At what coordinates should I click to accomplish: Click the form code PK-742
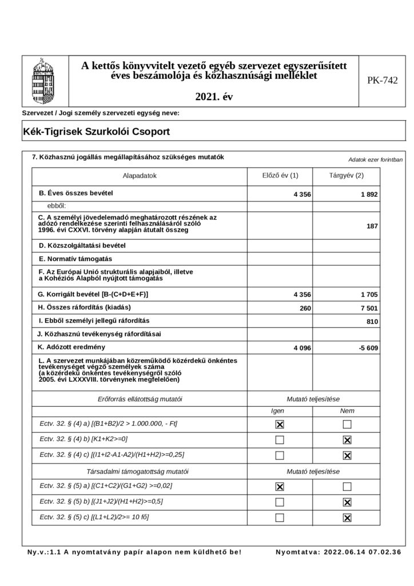coord(383,81)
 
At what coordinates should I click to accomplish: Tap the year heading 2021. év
coord(214,97)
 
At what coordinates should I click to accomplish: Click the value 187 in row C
coord(372,226)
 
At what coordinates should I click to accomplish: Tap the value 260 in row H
coord(305,308)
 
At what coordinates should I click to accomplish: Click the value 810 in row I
coord(372,322)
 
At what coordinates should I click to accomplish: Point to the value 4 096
coord(301,348)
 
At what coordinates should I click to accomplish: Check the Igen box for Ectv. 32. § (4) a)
coord(279,425)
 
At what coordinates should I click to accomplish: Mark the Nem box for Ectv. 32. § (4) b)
coord(347,440)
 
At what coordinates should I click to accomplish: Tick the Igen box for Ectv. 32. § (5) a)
coord(279,486)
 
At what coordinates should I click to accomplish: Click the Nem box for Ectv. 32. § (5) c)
coord(347,518)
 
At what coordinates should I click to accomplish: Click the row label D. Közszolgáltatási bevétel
coord(81,246)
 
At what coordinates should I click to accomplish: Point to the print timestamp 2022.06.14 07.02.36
coord(362,552)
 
